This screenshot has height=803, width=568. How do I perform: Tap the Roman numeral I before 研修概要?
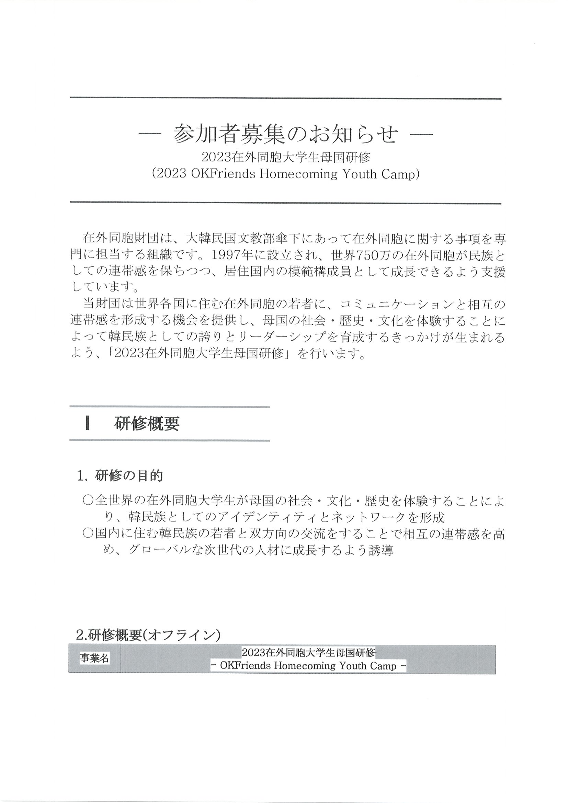[x=87, y=424]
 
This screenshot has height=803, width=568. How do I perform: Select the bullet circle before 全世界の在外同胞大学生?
[x=88, y=501]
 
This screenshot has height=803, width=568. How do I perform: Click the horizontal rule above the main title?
[x=285, y=98]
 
